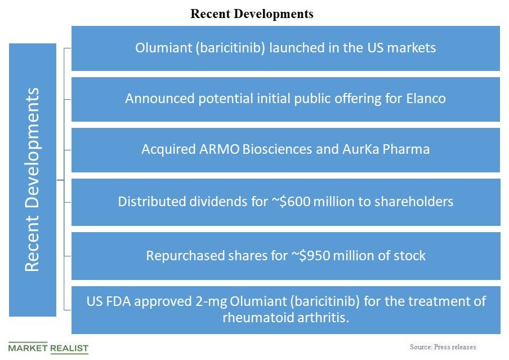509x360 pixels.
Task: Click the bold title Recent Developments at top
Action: [252, 14]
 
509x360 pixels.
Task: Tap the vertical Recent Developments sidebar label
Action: [33, 179]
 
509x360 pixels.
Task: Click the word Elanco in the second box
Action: [426, 99]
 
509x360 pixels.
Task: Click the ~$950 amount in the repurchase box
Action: [311, 255]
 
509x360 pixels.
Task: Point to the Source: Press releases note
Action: [443, 347]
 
